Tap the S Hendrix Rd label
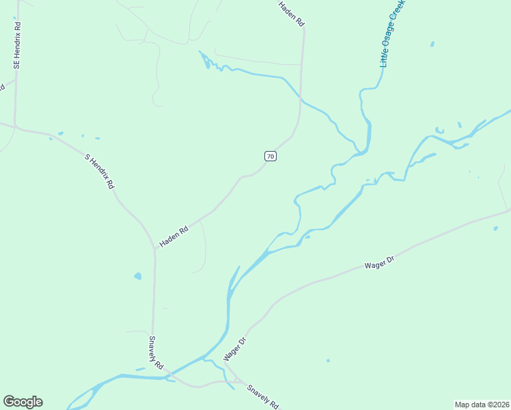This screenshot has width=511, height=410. (100, 172)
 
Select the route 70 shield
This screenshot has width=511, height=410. (271, 156)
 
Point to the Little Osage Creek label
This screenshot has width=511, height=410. (393, 33)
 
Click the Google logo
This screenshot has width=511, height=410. (23, 402)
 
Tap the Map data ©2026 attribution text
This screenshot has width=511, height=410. (482, 404)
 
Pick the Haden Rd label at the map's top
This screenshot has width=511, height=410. (291, 14)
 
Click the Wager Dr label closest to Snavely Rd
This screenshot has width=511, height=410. (233, 349)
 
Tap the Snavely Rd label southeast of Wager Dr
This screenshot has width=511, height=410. (262, 397)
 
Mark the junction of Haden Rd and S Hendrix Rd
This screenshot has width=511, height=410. (154, 248)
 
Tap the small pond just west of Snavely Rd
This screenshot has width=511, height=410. (138, 276)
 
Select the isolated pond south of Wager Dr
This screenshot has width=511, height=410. (328, 361)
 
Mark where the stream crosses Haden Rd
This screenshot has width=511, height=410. (301, 100)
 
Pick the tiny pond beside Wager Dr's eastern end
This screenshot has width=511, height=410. (495, 228)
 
